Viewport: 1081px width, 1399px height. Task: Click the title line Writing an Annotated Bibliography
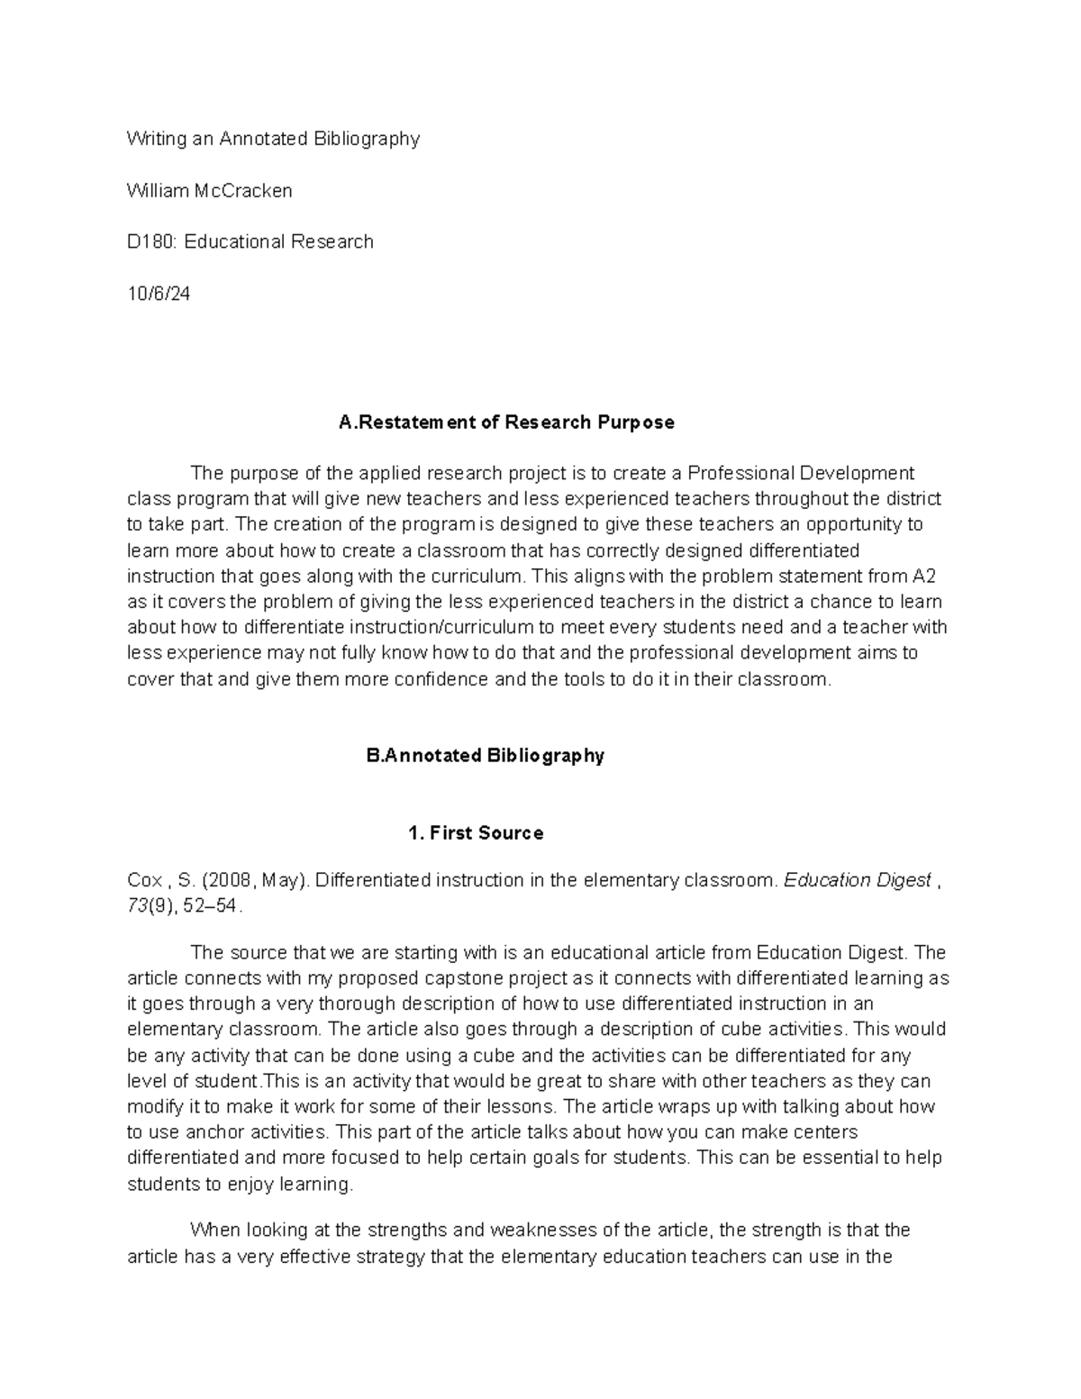click(273, 139)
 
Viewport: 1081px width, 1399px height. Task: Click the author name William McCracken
click(209, 191)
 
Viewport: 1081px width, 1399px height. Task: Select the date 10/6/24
click(159, 295)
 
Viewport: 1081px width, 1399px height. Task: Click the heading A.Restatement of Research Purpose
click(505, 422)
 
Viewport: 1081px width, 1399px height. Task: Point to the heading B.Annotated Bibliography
click(485, 756)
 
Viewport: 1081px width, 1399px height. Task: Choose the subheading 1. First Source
click(476, 833)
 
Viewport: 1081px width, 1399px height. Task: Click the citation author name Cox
click(143, 881)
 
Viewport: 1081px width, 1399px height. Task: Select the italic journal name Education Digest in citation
click(857, 881)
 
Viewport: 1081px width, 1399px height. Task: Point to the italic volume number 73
click(137, 907)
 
